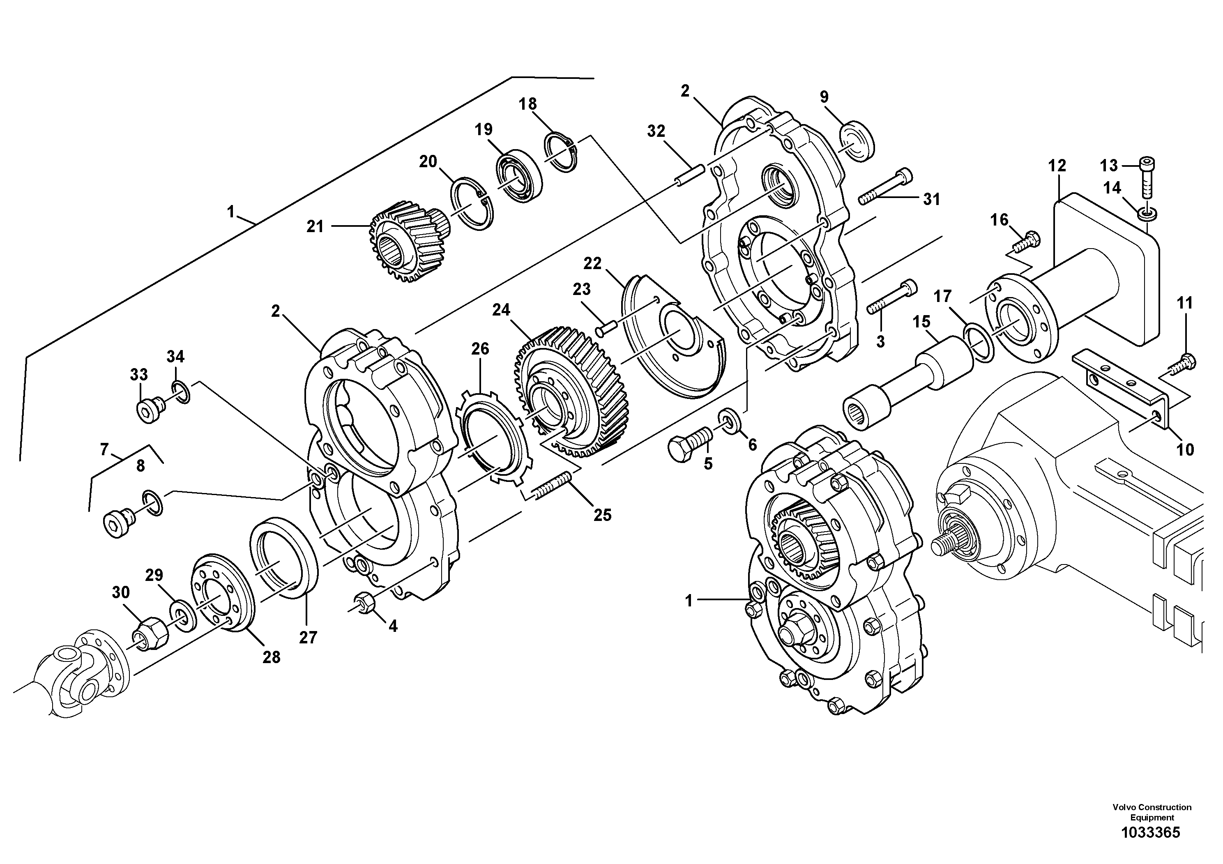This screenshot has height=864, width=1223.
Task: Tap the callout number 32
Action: tap(656, 131)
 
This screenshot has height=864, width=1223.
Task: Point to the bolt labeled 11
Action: tap(1181, 365)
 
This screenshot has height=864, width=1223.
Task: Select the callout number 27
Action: tap(308, 637)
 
